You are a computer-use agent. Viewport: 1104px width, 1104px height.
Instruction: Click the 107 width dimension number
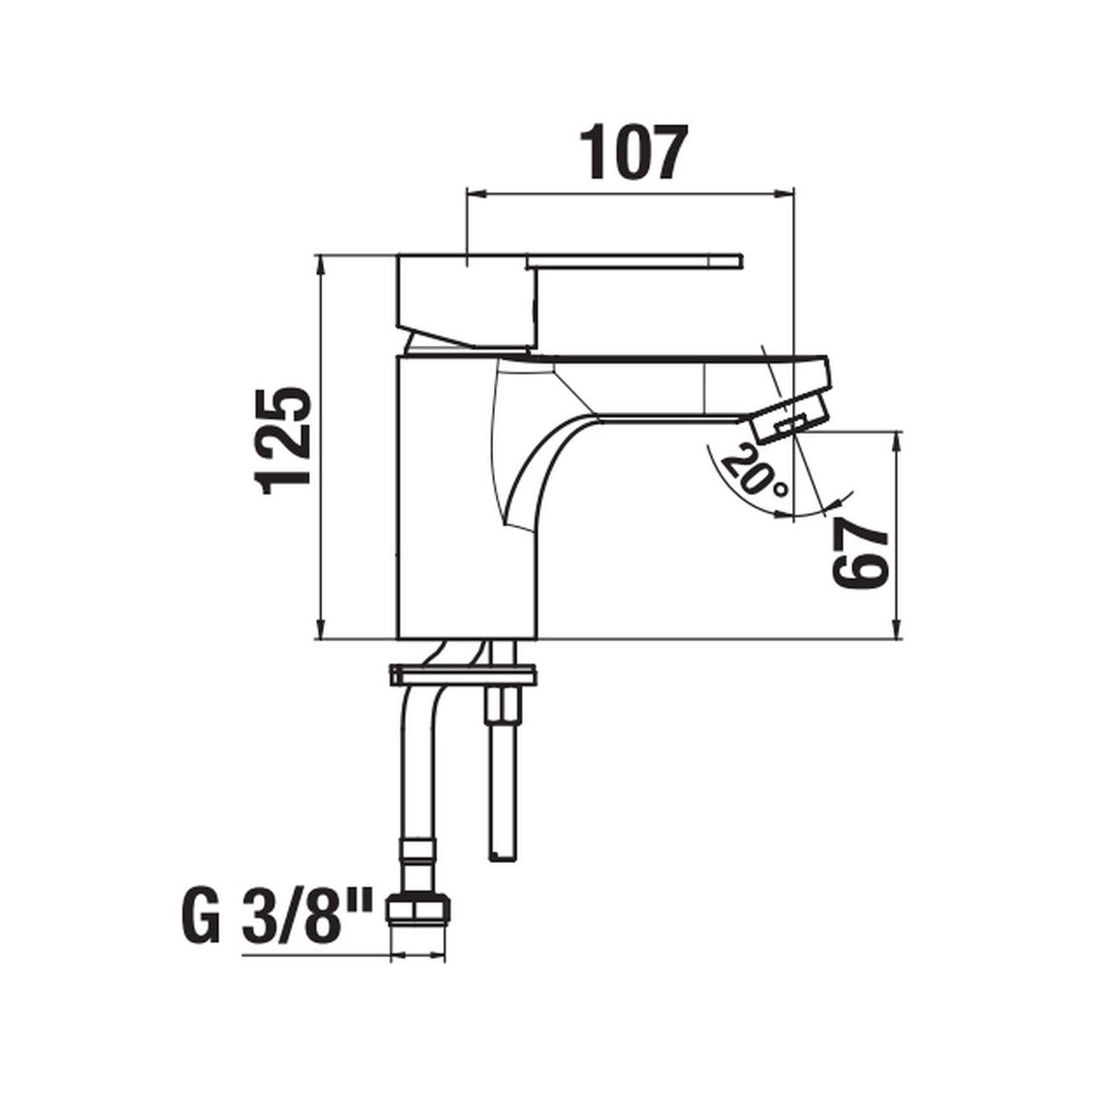pyautogui.click(x=632, y=151)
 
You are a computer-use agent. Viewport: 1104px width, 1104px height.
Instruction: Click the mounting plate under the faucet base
pyautogui.click(x=463, y=675)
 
